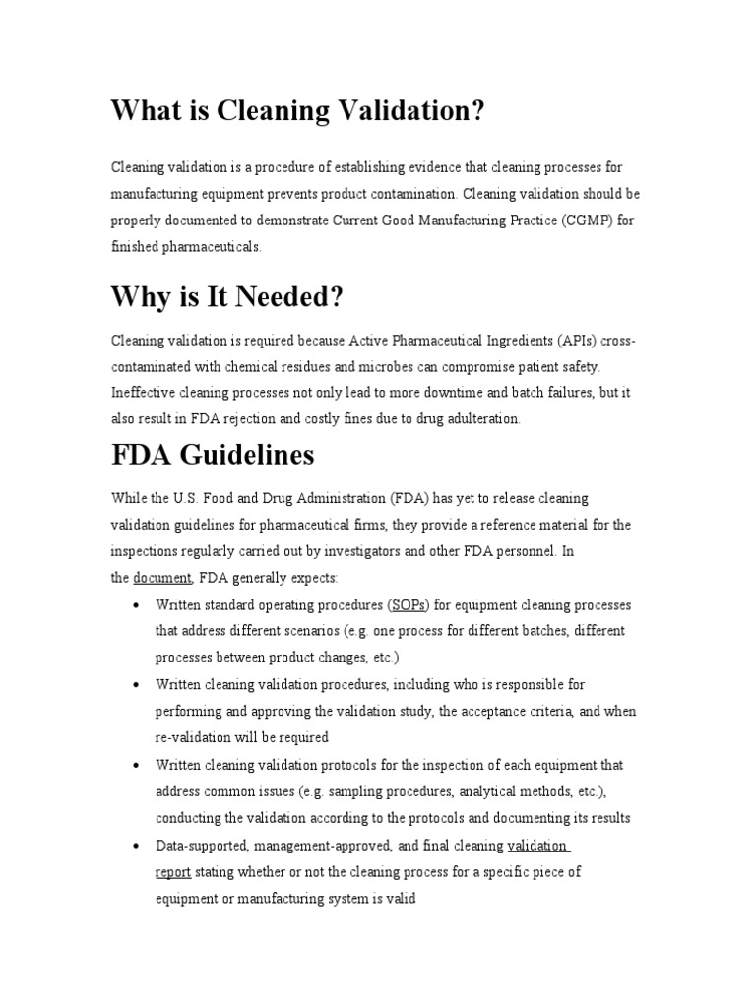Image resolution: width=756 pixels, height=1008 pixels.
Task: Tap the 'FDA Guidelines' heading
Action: pyautogui.click(x=213, y=455)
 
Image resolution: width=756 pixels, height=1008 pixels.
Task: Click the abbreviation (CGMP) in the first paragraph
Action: pyautogui.click(x=587, y=221)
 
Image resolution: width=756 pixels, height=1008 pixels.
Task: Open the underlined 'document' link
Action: pyautogui.click(x=162, y=578)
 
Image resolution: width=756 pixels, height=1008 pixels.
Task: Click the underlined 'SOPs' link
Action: pyautogui.click(x=409, y=604)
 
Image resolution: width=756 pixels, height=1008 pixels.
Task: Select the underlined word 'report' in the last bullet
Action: pyautogui.click(x=173, y=871)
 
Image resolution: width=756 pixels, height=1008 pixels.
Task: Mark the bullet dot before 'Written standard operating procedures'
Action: pyautogui.click(x=134, y=604)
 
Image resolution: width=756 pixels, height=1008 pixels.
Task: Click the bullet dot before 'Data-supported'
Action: pyautogui.click(x=134, y=846)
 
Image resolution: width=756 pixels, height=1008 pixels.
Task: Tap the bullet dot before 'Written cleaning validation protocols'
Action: pyautogui.click(x=134, y=765)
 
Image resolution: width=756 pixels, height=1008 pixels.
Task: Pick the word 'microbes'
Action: pyautogui.click(x=370, y=366)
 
